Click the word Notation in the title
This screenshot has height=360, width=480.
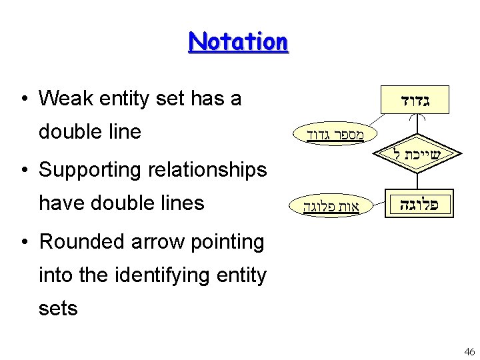[x=238, y=41]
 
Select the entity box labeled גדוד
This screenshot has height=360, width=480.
[x=415, y=101]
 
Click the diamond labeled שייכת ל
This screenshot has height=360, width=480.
[x=415, y=153]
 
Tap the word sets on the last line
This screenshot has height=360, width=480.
[x=58, y=308]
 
